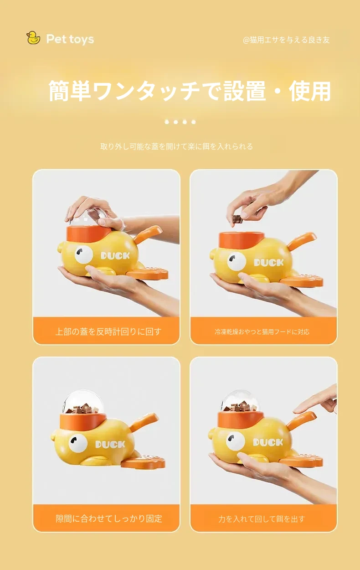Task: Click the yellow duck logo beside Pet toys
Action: coord(33,38)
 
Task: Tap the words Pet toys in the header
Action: coord(70,39)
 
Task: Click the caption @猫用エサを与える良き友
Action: coord(286,40)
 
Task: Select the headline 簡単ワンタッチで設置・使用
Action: coord(190,91)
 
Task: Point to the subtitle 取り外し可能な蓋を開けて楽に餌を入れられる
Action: coord(176,146)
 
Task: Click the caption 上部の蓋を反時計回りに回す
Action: coord(108,332)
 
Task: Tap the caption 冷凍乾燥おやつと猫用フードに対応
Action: coord(262,332)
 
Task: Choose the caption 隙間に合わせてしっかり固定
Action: coord(109,518)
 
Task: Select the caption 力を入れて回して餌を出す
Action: coord(262,519)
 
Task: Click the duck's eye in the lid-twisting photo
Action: coord(84,254)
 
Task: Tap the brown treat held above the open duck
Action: coord(237,219)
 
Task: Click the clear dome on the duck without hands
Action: coord(83,402)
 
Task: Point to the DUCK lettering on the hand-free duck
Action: coord(110,445)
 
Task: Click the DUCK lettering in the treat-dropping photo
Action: coord(269,262)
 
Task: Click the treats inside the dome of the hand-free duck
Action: coord(82,408)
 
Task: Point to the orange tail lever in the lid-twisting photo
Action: coord(148,235)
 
